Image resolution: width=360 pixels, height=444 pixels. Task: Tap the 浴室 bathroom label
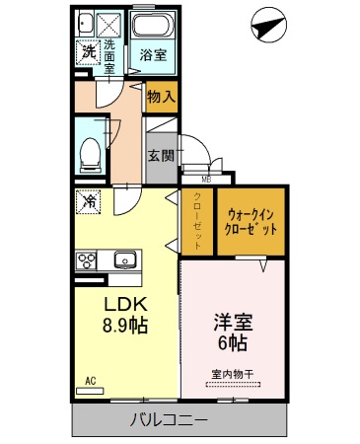pyautogui.click(x=152, y=56)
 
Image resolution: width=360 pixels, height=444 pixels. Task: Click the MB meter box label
pyautogui.click(x=206, y=179)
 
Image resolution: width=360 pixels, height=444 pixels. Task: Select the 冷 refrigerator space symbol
pyautogui.click(x=88, y=200)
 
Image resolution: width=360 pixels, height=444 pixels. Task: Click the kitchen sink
pyautogui.click(x=123, y=260)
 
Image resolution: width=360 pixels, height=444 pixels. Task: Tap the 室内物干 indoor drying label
pyautogui.click(x=233, y=374)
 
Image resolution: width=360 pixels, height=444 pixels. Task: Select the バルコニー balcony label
pyautogui.click(x=169, y=419)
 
